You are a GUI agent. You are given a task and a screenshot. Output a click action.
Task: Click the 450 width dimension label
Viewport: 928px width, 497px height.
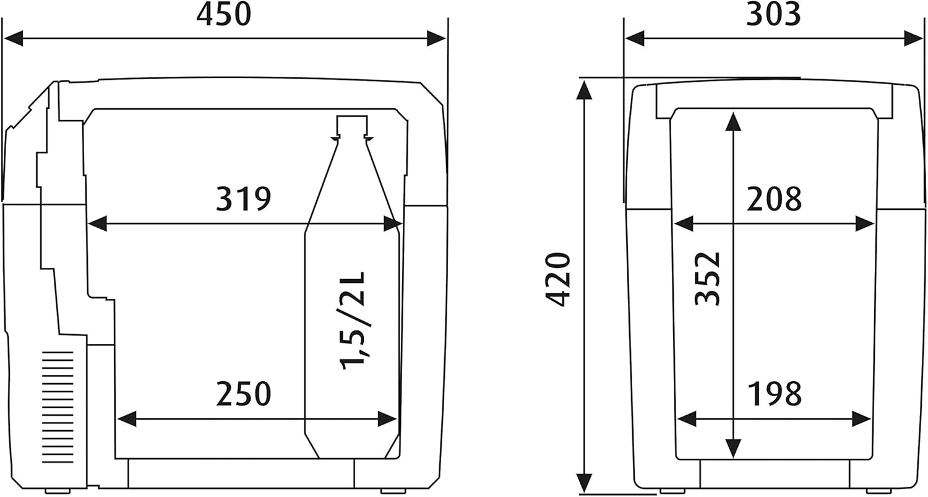pos(224,15)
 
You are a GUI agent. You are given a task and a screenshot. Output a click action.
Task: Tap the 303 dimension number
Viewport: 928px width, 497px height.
pos(773,15)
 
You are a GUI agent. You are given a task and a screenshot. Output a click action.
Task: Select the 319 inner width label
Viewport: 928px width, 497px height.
pos(244,199)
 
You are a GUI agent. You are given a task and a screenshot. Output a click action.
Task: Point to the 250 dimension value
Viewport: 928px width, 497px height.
pos(244,394)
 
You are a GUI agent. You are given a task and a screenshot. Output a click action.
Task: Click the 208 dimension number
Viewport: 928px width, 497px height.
pos(775,199)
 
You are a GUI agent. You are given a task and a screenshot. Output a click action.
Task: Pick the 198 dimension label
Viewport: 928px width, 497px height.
pos(775,394)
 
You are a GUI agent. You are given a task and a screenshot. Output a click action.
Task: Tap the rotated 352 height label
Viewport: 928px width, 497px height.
pos(708,279)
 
